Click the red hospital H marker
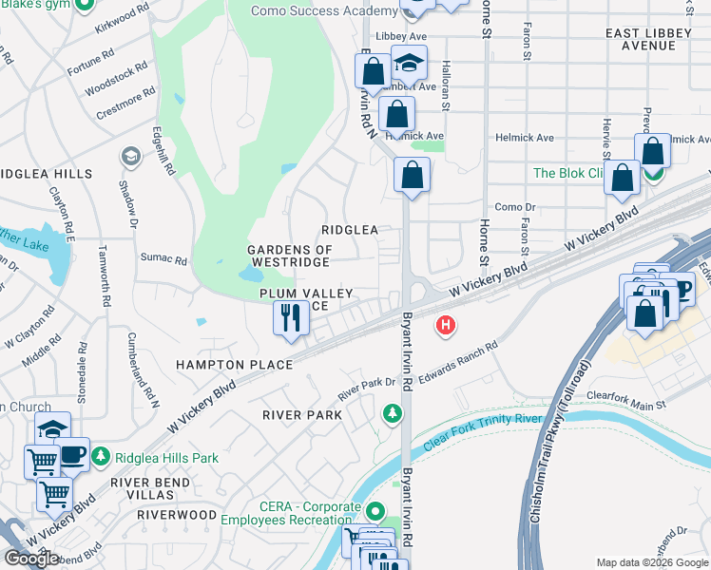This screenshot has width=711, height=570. click(x=444, y=327)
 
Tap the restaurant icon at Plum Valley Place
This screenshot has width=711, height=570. click(x=291, y=317)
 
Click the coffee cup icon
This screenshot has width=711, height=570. click(x=72, y=454)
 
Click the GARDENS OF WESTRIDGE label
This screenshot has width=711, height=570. click(x=290, y=256)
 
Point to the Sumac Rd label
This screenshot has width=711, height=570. click(x=163, y=258)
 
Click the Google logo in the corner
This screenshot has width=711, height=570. click(x=31, y=559)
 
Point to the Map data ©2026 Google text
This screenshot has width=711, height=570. click(x=652, y=562)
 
